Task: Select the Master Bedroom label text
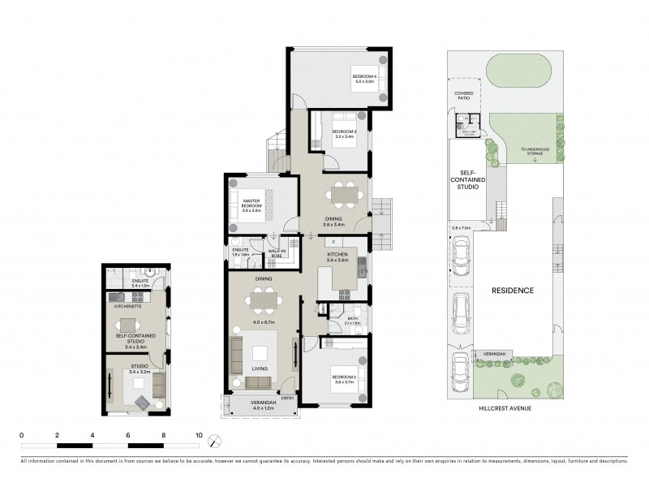coord(251,204)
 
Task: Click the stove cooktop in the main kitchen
coord(343,294)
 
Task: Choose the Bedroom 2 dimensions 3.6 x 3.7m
coord(342,382)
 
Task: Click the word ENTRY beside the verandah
coord(289,398)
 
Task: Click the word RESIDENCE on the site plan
coord(511,290)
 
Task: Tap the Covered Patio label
coord(463,95)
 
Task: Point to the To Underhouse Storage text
coord(535,150)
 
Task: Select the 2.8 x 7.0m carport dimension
coord(460,229)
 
